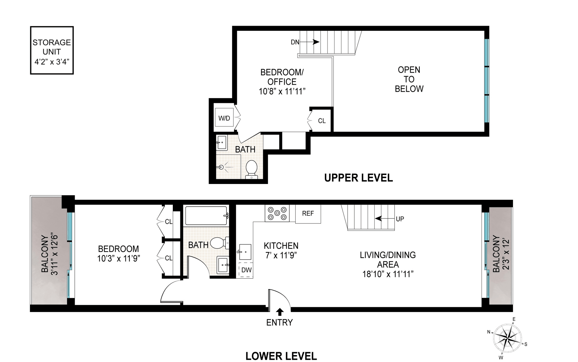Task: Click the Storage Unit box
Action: (52, 50)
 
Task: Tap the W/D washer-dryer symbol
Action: (224, 118)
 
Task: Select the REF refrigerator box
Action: (308, 214)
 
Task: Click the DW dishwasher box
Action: (246, 270)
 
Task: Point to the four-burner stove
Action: (277, 213)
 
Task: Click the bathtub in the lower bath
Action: (207, 216)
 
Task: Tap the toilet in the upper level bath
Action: (251, 169)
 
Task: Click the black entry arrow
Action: (280, 312)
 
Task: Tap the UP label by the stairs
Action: (400, 219)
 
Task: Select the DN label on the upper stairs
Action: (295, 42)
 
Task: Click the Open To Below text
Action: (409, 79)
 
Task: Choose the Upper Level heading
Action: (359, 178)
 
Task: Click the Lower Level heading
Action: (281, 356)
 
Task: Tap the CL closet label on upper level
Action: (322, 121)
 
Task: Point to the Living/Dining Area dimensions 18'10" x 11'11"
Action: (388, 274)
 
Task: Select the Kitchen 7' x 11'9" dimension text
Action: (281, 255)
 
